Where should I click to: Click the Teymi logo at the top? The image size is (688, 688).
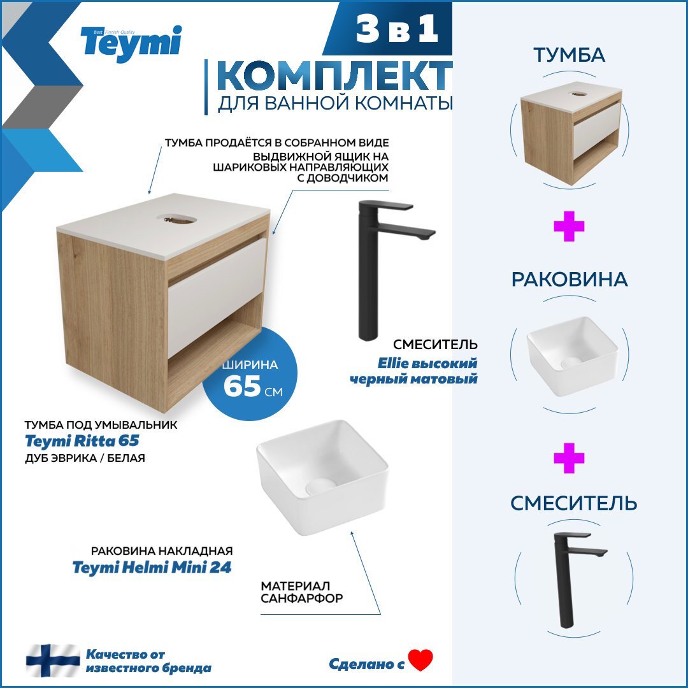(x=131, y=43)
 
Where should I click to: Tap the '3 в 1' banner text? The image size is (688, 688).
(x=398, y=31)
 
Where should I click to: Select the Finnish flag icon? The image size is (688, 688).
(x=53, y=660)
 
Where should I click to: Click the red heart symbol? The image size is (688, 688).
(x=420, y=660)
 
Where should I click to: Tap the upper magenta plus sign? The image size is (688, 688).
(x=569, y=227)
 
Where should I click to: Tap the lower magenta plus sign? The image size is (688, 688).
(x=569, y=459)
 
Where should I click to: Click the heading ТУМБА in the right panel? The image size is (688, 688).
(x=570, y=55)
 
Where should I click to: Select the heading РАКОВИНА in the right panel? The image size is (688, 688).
(x=570, y=280)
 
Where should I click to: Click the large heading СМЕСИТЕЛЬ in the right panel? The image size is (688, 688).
(x=573, y=503)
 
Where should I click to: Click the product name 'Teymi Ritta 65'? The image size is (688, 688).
(x=82, y=440)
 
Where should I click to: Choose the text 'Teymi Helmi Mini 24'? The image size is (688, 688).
(x=152, y=567)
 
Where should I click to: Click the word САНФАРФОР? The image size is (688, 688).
(x=302, y=599)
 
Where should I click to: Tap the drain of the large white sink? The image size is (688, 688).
(x=320, y=487)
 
